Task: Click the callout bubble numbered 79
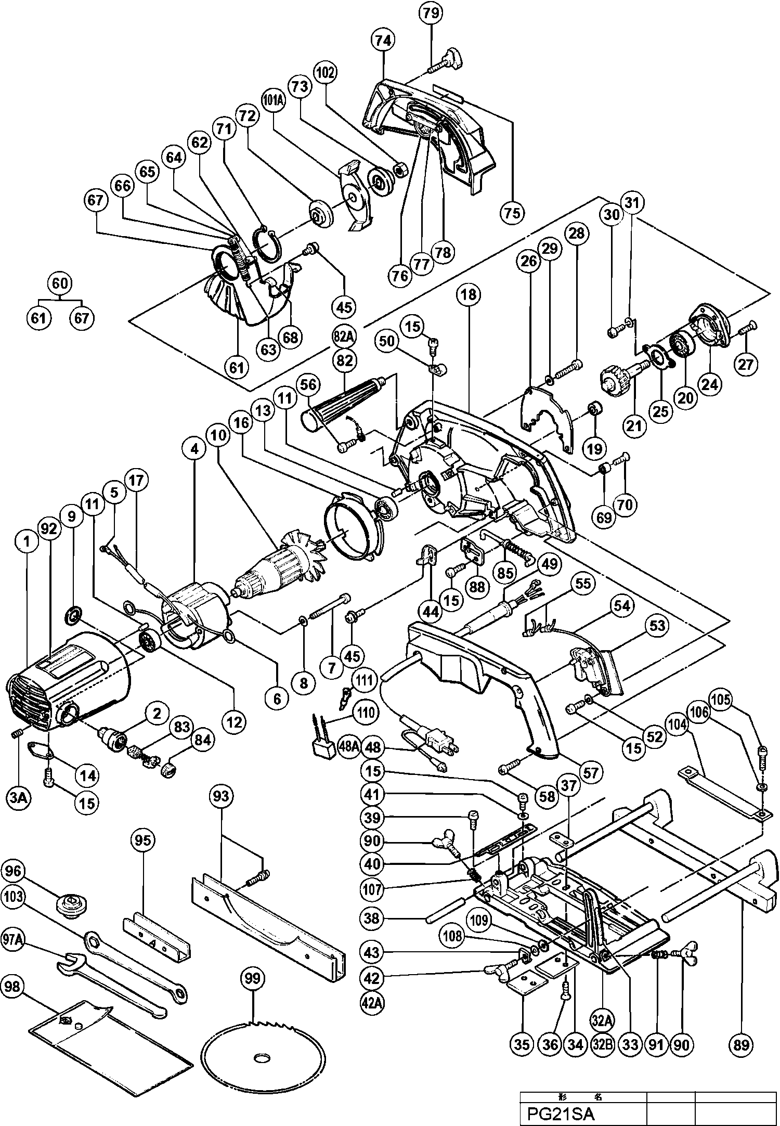coord(431,14)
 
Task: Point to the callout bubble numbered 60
coord(60,283)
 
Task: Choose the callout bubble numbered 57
coord(591,773)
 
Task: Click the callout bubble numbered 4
coord(194,449)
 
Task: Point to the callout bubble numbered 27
coord(746,364)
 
